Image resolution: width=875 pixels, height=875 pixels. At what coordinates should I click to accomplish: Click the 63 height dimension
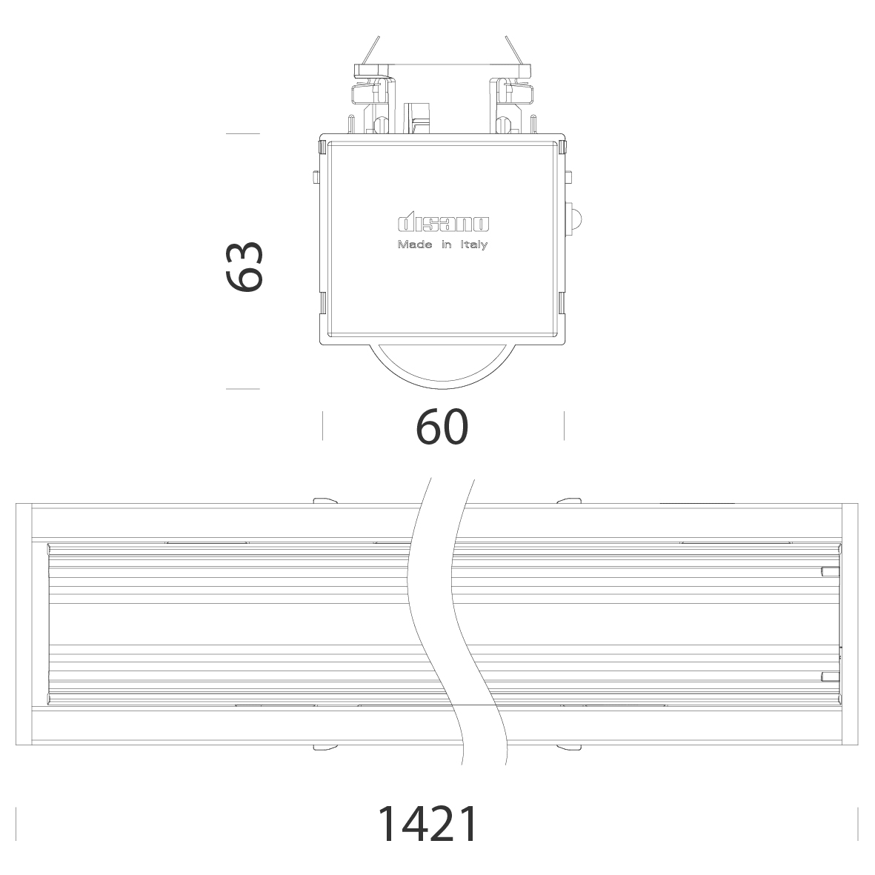pos(244,267)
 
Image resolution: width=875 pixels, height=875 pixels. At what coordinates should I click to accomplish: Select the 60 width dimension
pos(442,427)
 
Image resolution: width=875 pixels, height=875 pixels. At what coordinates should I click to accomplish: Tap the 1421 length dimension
pos(427,824)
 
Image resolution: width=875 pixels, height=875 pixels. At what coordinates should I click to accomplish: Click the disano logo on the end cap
pos(444,224)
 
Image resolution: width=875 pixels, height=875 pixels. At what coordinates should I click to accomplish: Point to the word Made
pos(415,244)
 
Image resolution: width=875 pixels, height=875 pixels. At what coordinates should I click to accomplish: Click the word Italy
pos(474,245)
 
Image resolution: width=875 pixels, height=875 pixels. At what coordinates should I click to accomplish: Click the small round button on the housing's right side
pos(573,217)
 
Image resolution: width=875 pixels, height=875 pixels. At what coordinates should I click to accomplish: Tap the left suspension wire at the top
pos(370,50)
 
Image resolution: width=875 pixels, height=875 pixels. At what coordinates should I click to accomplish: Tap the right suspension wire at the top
pos(515,50)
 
